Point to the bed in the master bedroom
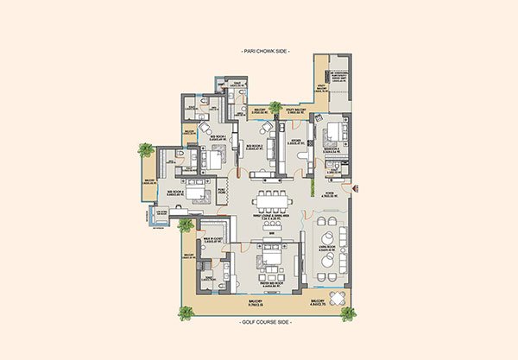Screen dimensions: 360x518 [272, 260]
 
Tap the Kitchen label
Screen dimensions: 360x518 [298, 141]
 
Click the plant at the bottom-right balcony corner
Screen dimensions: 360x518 [348, 313]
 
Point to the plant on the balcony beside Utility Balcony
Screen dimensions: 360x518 [275, 109]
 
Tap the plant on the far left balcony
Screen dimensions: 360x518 [144, 150]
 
